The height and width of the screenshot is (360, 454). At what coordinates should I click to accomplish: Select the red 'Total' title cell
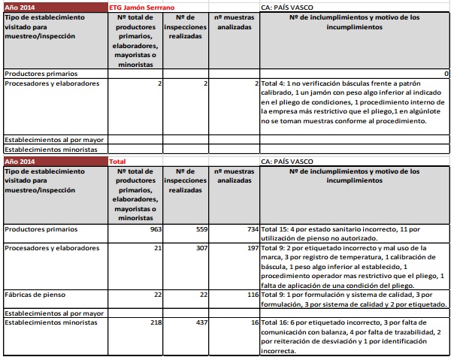pos(117,161)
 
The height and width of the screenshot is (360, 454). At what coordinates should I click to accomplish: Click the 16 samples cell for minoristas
pos(253,322)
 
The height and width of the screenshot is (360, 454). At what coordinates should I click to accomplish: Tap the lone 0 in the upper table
pos(446,74)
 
